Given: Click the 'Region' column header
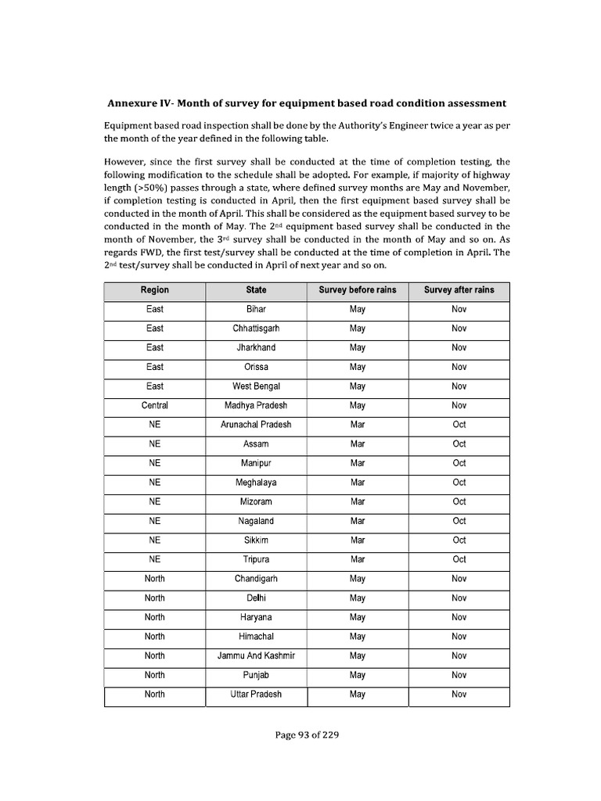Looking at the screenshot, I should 154,289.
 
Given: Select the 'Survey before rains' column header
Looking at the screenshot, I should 358,289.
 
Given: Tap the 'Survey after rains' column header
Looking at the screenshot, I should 459,289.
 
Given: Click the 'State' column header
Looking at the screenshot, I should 256,289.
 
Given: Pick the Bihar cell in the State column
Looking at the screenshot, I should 256,309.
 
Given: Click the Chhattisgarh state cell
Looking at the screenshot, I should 256,329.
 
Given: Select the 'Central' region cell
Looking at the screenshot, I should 154,405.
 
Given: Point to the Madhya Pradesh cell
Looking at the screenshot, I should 256,405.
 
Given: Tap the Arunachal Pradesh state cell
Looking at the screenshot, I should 256,425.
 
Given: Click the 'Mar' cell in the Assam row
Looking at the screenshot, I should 358,444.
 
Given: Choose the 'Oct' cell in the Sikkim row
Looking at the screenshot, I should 459,541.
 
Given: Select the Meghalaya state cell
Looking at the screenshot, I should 256,483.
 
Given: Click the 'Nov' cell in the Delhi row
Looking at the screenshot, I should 459,598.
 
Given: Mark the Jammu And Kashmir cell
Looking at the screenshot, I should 256,656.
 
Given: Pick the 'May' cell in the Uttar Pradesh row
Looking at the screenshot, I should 358,694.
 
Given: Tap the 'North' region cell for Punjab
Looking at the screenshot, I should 154,675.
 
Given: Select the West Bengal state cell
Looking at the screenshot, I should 256,386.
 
